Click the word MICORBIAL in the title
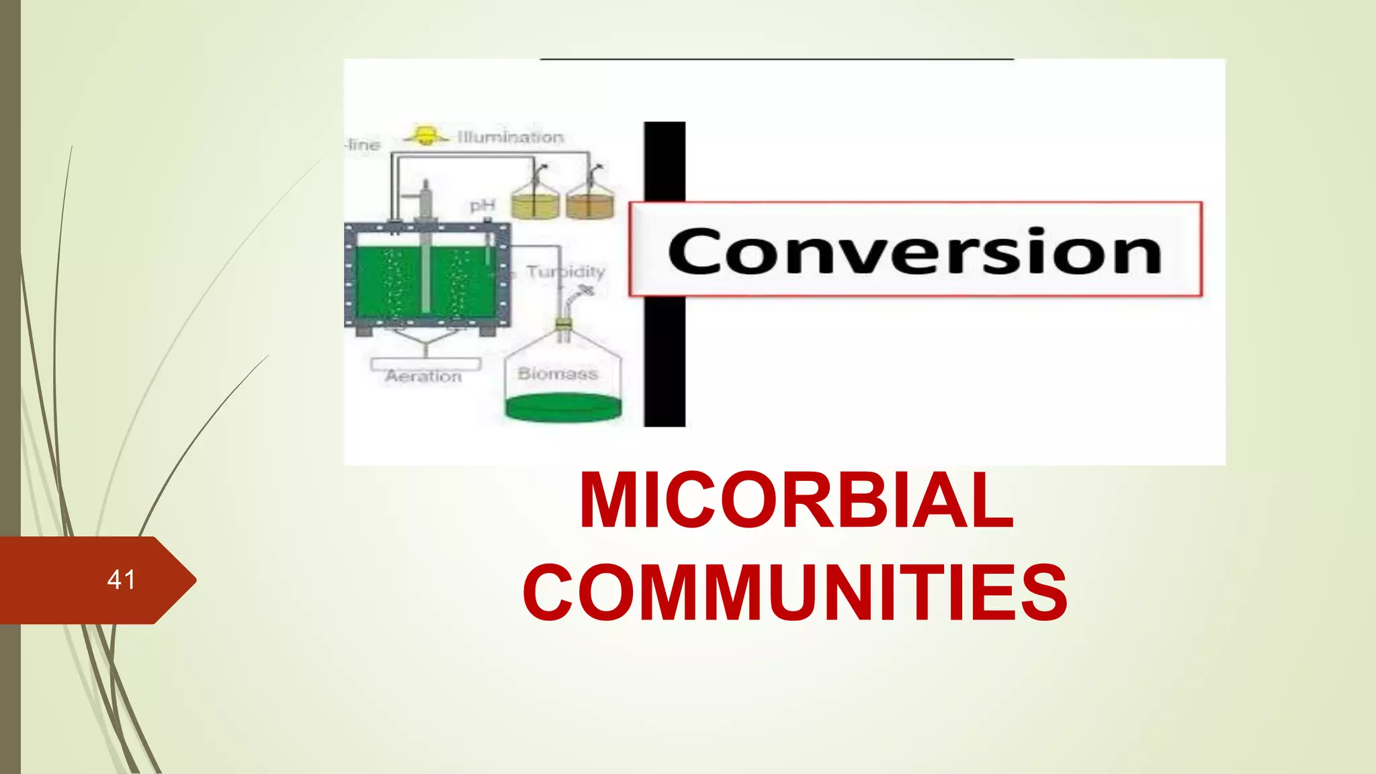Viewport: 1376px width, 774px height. (x=796, y=501)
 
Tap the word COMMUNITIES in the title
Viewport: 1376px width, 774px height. (x=795, y=593)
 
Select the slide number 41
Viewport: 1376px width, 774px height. (x=121, y=580)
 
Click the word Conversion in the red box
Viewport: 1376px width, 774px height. (x=914, y=251)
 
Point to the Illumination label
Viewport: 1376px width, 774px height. (x=511, y=137)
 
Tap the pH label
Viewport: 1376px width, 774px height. (x=482, y=205)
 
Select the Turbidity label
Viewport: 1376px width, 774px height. (x=566, y=271)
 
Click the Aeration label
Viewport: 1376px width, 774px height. (x=423, y=376)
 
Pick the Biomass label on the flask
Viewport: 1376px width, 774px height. (x=558, y=374)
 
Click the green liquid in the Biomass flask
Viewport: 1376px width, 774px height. (x=563, y=407)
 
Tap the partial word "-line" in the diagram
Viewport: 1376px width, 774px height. (x=363, y=144)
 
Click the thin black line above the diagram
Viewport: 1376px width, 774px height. (x=777, y=59)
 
